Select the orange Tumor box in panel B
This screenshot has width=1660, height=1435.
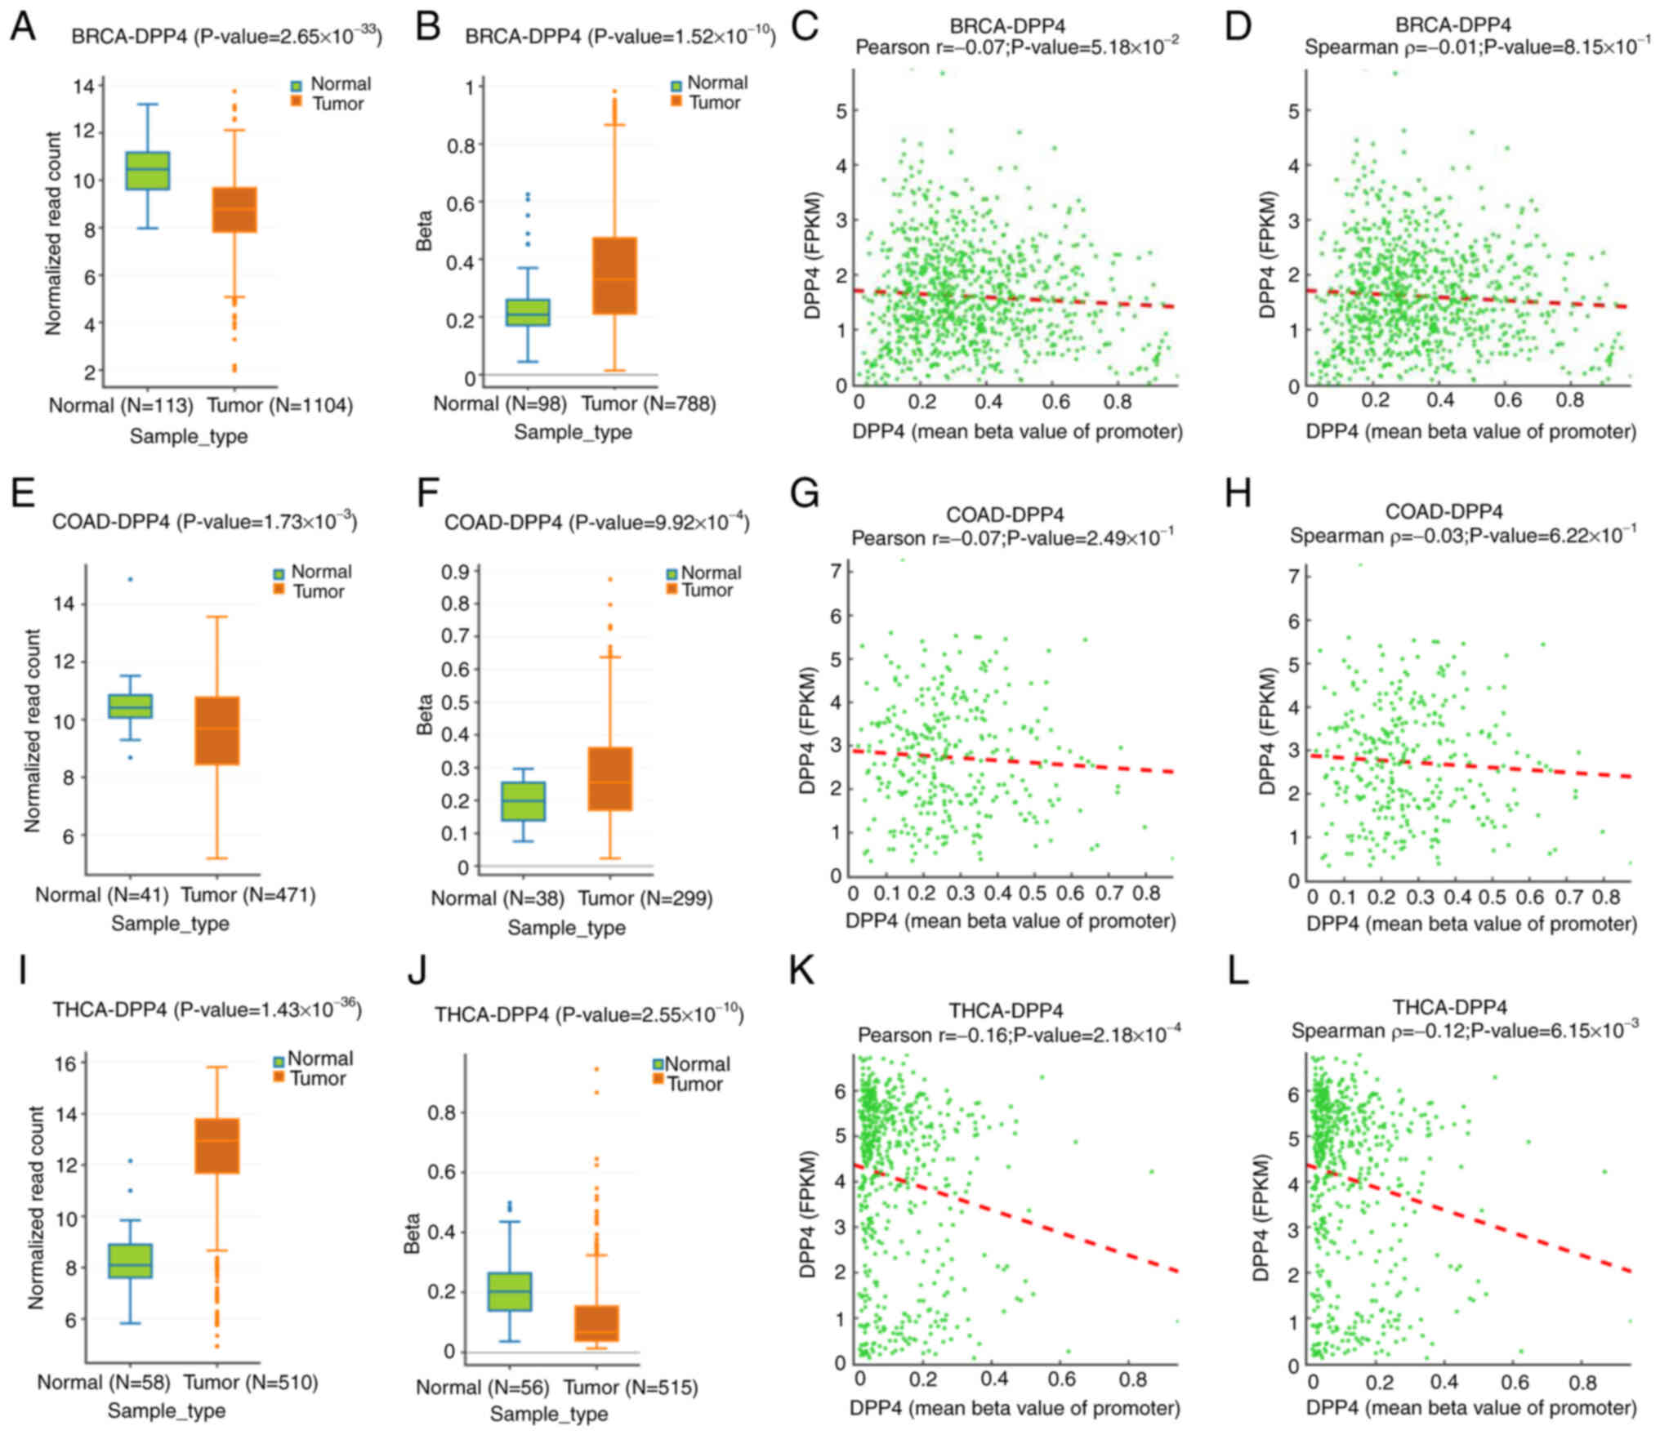click(614, 275)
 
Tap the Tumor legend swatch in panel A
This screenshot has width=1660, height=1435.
click(298, 103)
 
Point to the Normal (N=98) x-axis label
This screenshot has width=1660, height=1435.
click(500, 403)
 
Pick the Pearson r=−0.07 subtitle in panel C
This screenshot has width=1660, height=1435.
click(1016, 47)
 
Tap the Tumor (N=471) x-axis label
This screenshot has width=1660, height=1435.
click(248, 894)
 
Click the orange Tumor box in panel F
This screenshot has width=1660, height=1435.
click(611, 778)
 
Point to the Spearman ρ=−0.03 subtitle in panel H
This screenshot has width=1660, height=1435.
click(1462, 536)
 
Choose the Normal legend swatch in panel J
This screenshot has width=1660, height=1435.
click(658, 1064)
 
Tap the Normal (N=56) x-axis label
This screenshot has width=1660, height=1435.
click(482, 1387)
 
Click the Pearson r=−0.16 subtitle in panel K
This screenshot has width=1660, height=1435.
click(1018, 1035)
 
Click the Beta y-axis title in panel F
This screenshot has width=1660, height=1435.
click(425, 715)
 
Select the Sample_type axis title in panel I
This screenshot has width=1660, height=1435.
click(167, 1410)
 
